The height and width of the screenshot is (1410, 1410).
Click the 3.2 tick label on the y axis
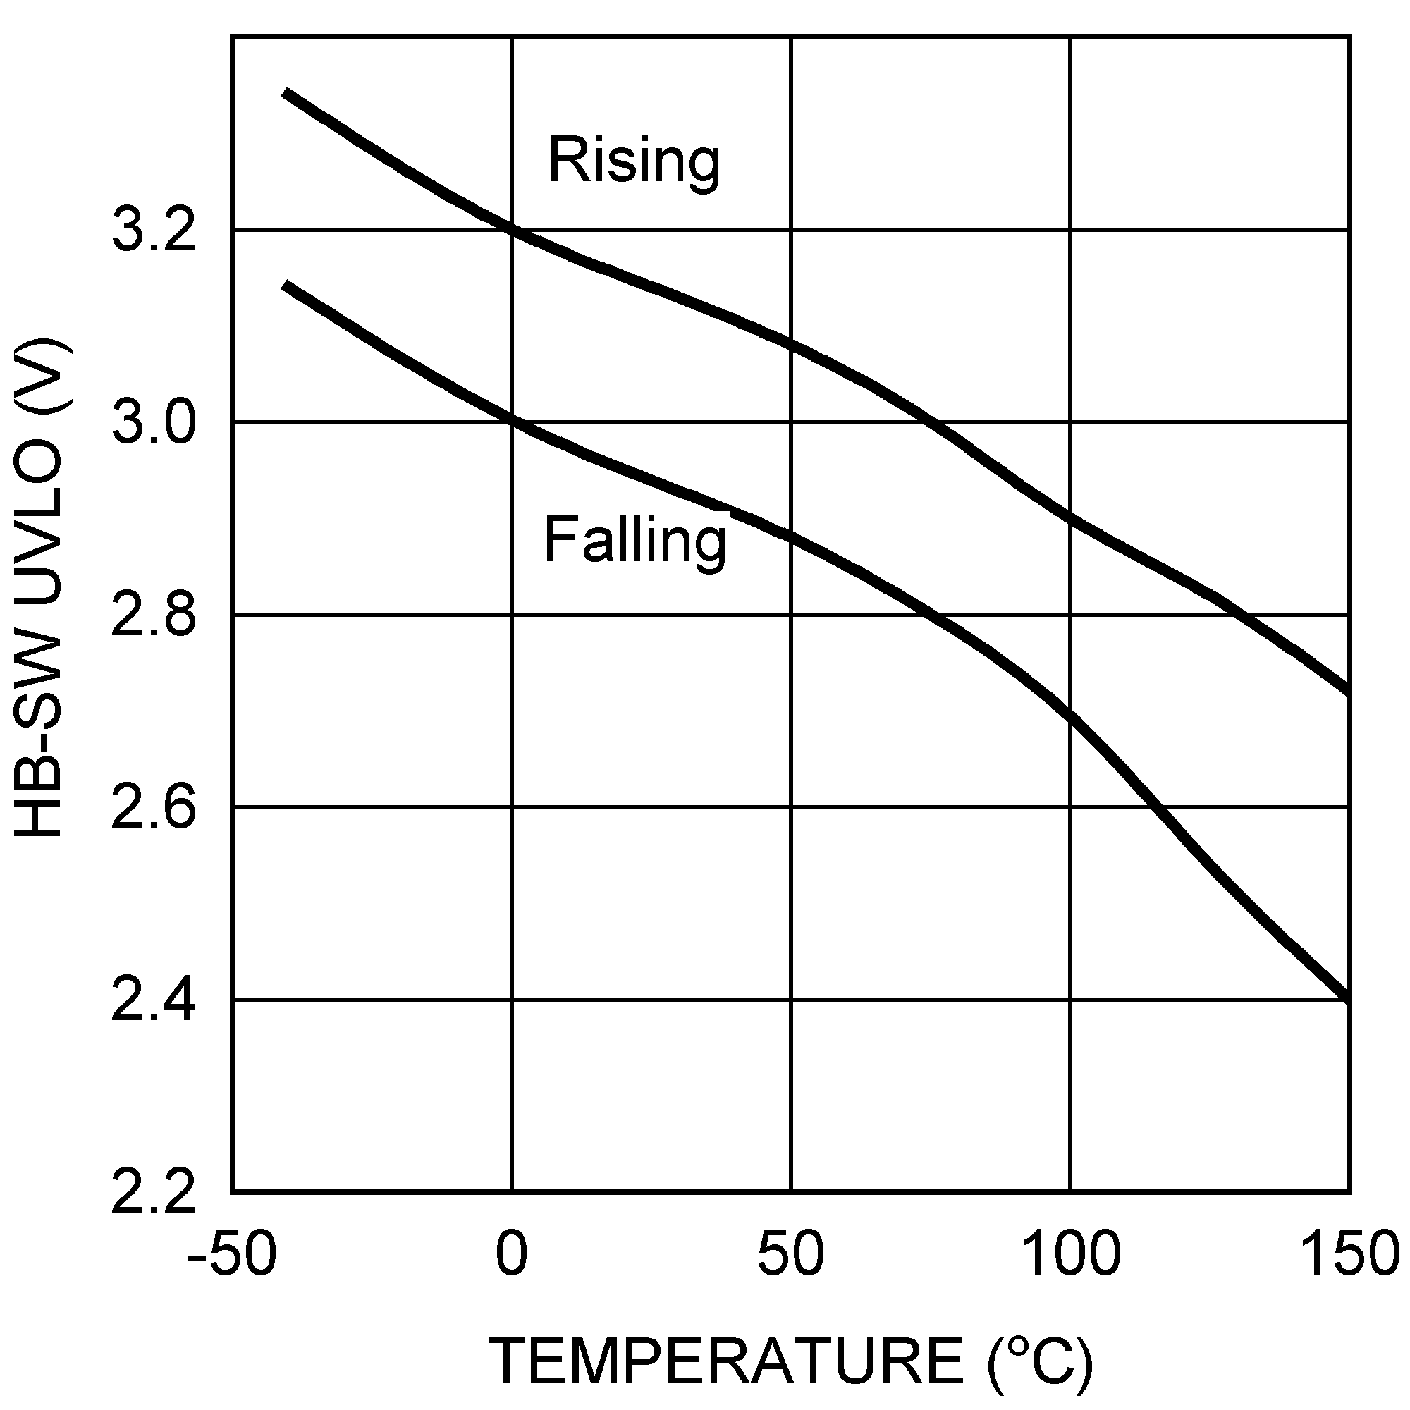pos(153,231)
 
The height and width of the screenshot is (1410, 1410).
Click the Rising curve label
pos(634,161)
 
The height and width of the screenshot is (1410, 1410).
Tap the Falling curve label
pos(635,541)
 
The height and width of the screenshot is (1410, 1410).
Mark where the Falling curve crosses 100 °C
pos(1071,717)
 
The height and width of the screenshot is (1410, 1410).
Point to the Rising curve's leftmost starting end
pos(286,92)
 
